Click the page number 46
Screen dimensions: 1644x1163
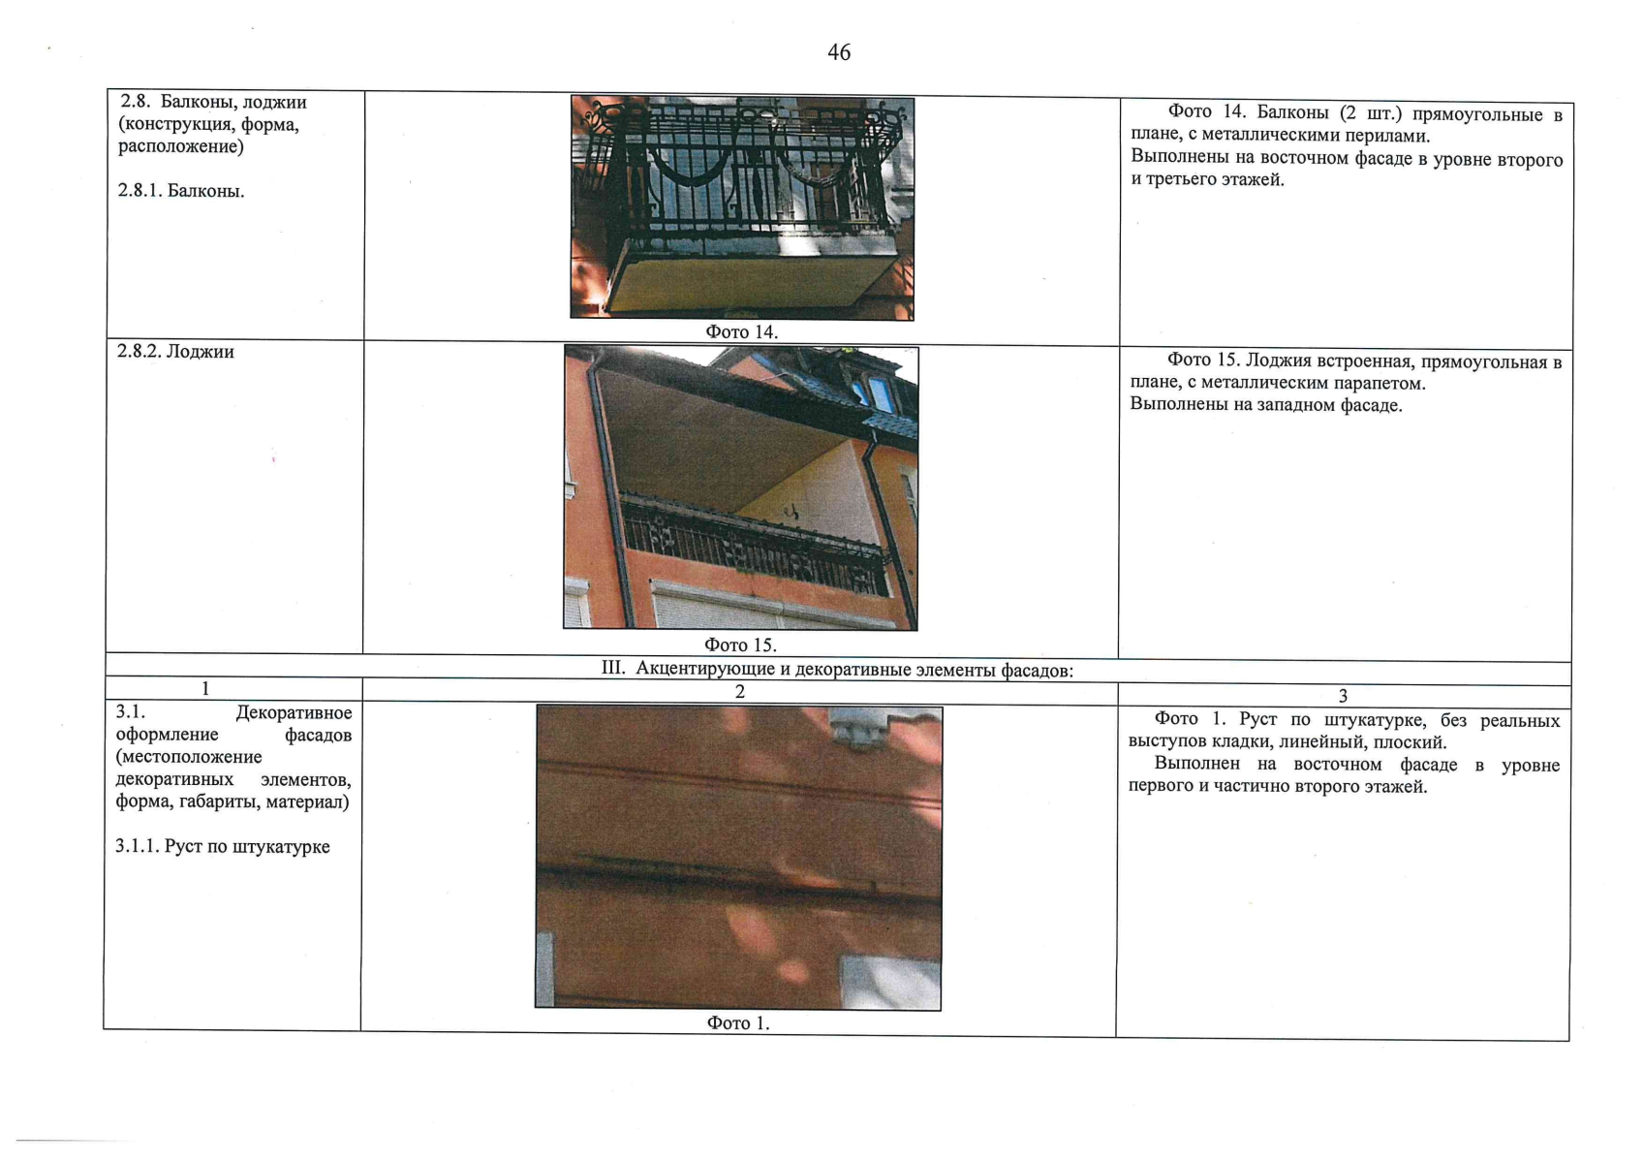pos(839,52)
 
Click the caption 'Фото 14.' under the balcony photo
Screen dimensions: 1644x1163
pos(741,331)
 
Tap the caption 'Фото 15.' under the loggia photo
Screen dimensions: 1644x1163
pos(740,645)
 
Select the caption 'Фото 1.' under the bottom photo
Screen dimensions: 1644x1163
pos(737,1023)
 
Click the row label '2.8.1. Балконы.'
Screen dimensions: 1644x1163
pos(181,191)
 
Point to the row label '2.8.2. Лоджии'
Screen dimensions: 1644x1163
pos(175,352)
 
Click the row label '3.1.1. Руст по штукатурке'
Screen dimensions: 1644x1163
pos(223,846)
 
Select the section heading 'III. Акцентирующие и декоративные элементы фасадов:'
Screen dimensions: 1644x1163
pos(837,670)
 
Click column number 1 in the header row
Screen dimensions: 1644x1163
pos(205,689)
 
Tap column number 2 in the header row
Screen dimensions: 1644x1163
pos(740,692)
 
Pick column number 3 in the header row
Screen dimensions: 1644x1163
pos(1343,695)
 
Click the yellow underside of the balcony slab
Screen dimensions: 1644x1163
pos(749,283)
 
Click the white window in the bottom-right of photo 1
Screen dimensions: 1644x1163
pos(890,982)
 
